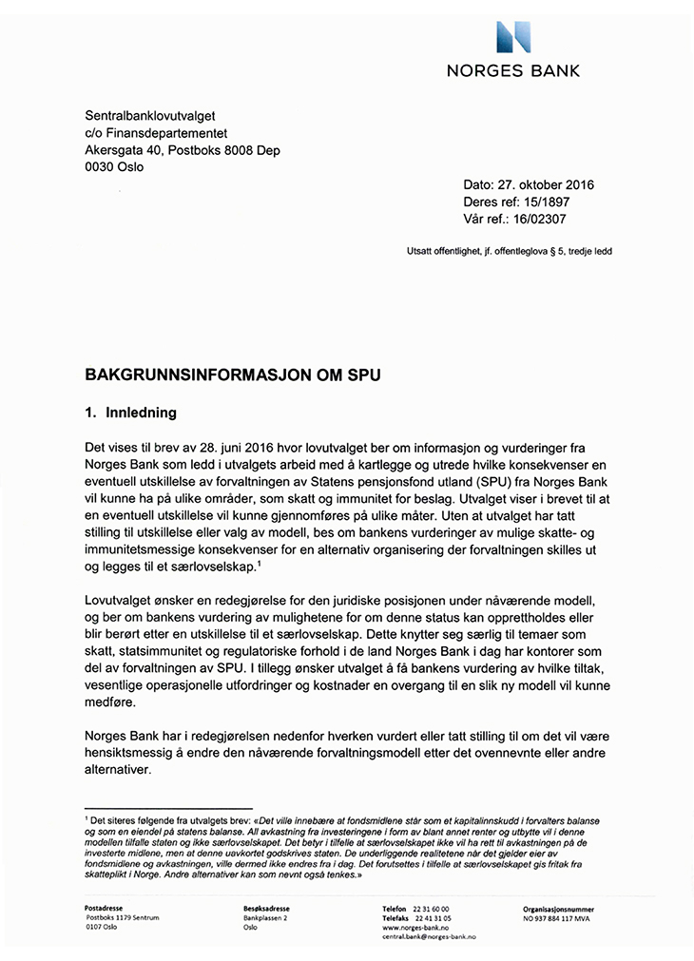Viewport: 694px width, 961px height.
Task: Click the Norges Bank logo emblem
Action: pyautogui.click(x=514, y=36)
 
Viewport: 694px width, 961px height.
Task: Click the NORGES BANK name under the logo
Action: pyautogui.click(x=514, y=70)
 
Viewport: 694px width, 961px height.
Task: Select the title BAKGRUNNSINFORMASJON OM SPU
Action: pyautogui.click(x=233, y=375)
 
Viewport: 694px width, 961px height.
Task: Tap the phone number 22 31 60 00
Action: pyautogui.click(x=432, y=908)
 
